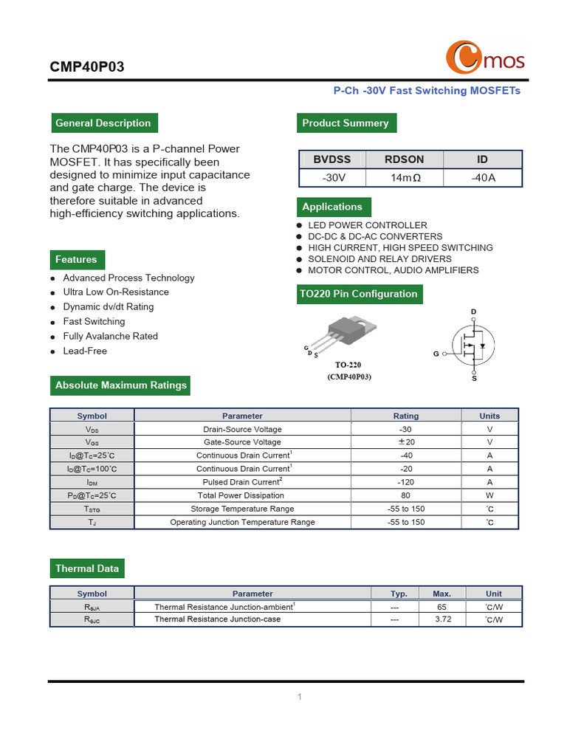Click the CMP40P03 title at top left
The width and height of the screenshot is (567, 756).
coord(87,67)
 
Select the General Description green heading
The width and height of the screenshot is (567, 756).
coord(103,123)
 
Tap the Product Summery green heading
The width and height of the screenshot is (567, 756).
coord(346,123)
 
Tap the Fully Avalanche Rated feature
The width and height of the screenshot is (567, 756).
coord(110,336)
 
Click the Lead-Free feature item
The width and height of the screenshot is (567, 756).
coord(85,351)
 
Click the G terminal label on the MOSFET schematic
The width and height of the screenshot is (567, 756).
coord(436,354)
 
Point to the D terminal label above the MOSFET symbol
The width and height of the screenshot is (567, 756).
coord(474,312)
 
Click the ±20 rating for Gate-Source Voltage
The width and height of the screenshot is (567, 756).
coord(405,442)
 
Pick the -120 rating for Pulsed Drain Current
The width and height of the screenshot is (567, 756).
coord(405,482)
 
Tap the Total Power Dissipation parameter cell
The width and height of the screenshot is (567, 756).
coord(242,495)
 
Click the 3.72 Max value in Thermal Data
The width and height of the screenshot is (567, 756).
coord(442,619)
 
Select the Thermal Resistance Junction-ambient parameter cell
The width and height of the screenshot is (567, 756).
coord(224,606)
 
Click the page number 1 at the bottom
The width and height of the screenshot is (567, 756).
coord(300,697)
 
